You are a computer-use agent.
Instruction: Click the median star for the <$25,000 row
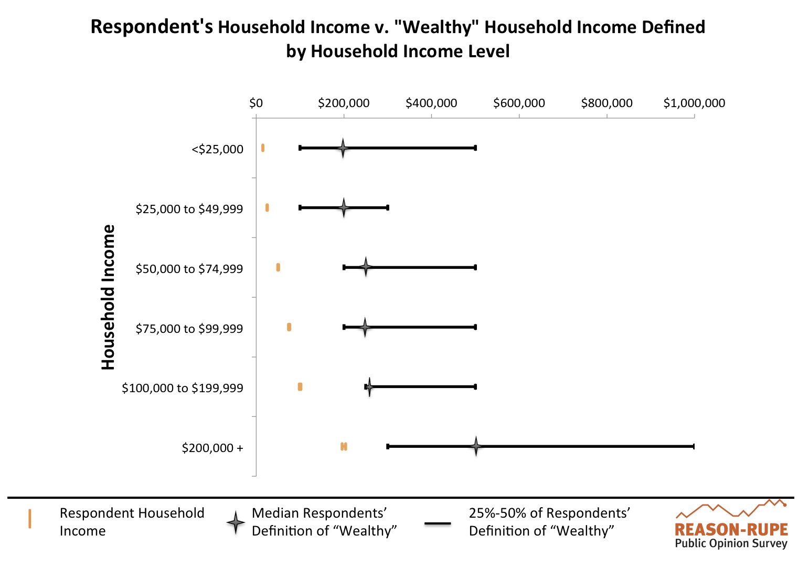click(x=343, y=148)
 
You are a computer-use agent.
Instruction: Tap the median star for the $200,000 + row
click(x=475, y=446)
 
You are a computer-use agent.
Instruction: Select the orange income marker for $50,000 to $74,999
click(x=278, y=267)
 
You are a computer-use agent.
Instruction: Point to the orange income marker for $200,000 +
click(x=344, y=446)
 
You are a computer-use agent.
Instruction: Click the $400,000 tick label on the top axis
click(x=431, y=103)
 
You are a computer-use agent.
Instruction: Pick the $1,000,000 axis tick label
click(x=694, y=103)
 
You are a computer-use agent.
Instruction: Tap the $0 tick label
click(x=256, y=103)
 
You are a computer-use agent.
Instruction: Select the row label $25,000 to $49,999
click(x=189, y=209)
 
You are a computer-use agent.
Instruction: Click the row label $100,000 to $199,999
click(x=182, y=388)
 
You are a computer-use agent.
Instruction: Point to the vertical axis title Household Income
click(x=108, y=297)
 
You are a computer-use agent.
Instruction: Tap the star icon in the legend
click(x=236, y=522)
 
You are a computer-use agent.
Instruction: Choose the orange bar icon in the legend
click(x=30, y=519)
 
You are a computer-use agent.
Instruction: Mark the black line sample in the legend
click(x=438, y=523)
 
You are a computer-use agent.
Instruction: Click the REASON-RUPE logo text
click(x=731, y=529)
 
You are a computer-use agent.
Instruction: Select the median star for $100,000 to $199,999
click(x=369, y=387)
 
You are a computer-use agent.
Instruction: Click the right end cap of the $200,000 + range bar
click(x=694, y=446)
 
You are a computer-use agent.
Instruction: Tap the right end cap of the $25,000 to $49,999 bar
click(x=387, y=208)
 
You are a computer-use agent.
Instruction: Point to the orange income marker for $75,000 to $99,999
click(x=289, y=327)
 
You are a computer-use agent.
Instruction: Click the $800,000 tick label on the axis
click(x=606, y=103)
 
